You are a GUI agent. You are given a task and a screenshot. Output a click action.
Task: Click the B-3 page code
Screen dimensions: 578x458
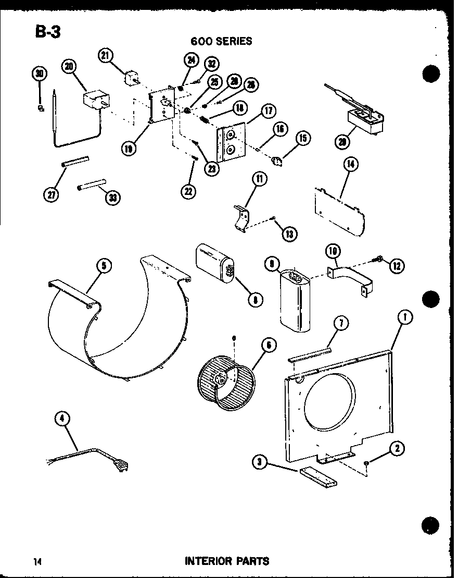point(48,32)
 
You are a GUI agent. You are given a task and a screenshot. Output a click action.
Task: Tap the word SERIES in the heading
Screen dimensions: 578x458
point(232,41)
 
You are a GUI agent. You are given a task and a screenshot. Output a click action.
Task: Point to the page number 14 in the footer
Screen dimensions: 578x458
point(37,561)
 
